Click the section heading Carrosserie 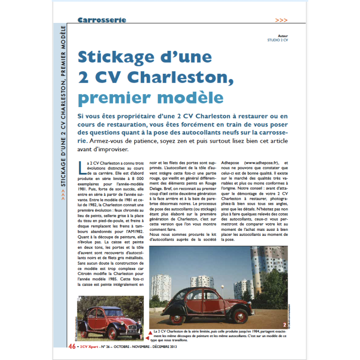pos(102,20)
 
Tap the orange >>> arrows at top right pos(282,20)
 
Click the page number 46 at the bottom pos(72,346)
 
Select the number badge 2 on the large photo pos(284,324)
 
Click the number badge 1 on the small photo pos(141,336)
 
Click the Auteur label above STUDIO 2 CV pos(283,35)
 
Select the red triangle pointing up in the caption pos(149,331)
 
